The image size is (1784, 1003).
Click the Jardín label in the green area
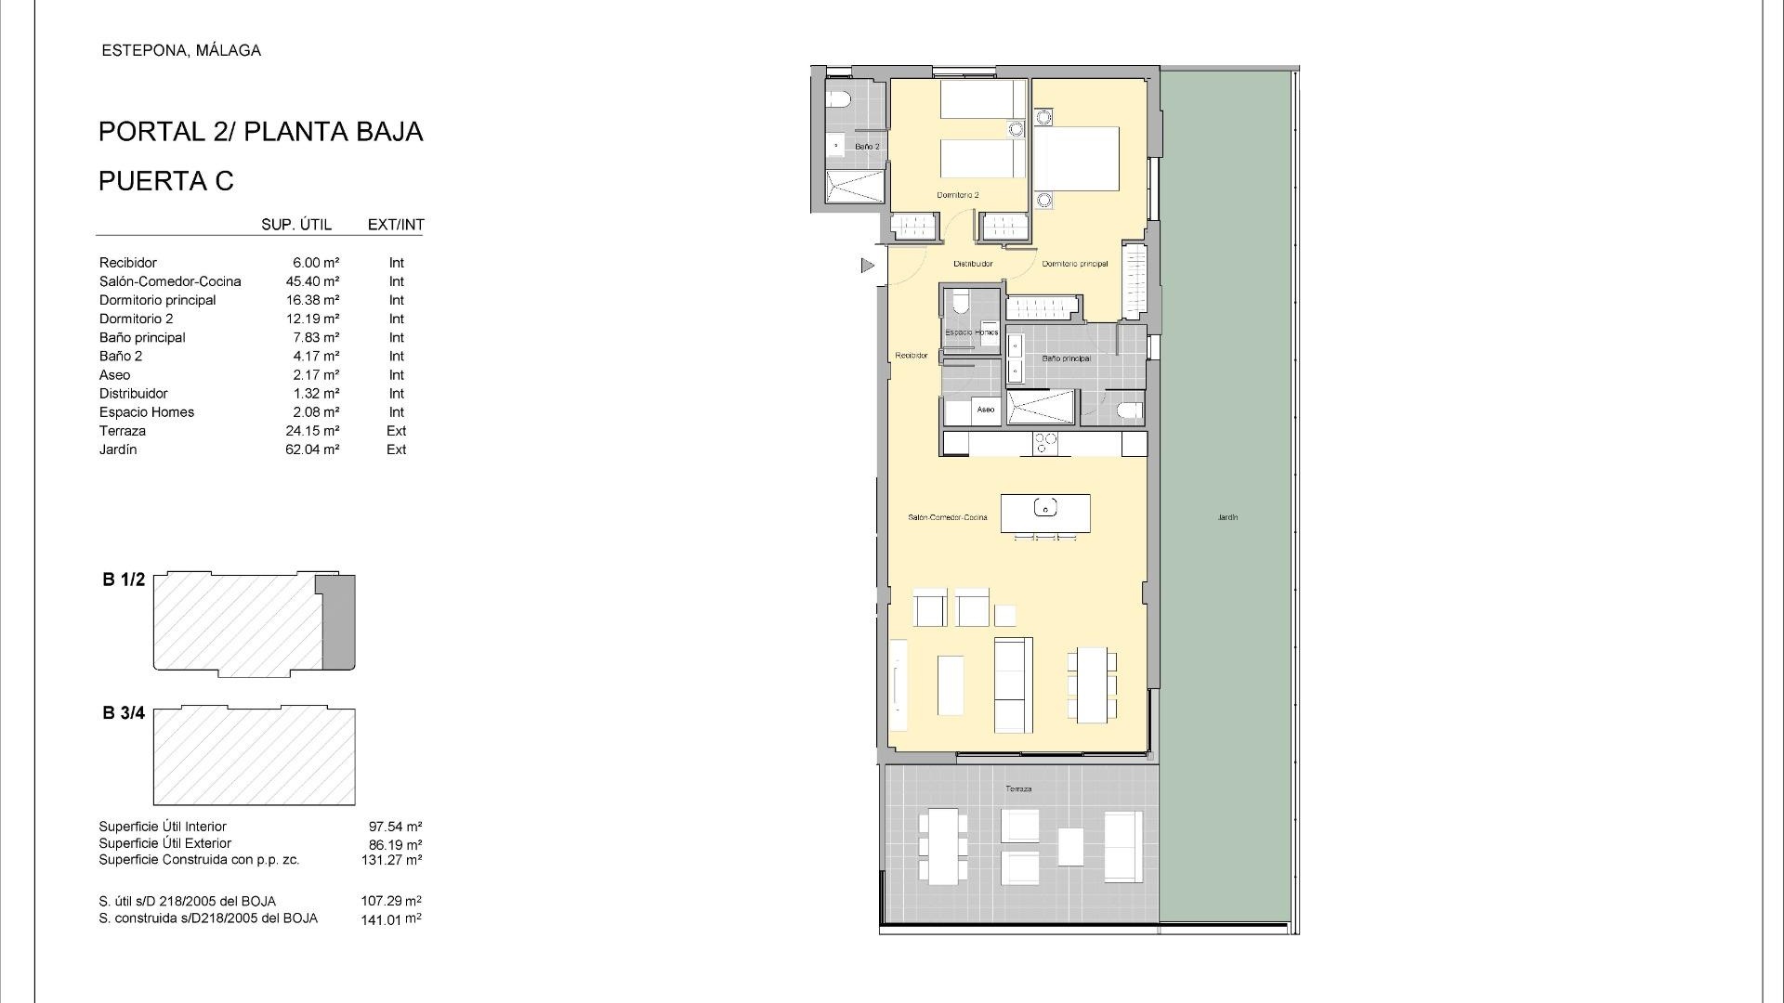tap(1227, 517)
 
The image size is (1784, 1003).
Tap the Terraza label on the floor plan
tap(1017, 788)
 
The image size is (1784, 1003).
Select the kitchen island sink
tap(1045, 508)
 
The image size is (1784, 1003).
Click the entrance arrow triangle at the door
tap(867, 266)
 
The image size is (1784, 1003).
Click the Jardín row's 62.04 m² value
tap(312, 449)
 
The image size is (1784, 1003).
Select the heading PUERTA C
tap(166, 181)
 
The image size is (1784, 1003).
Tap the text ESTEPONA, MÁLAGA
tap(181, 51)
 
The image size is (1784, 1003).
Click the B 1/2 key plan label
tap(124, 580)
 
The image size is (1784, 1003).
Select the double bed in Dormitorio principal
tap(1077, 159)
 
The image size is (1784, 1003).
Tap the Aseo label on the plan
tap(985, 410)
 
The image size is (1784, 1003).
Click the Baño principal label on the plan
tap(1066, 358)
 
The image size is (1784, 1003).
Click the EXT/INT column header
tap(396, 225)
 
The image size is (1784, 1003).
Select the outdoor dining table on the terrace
tap(943, 846)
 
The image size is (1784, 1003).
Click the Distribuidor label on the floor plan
tap(973, 264)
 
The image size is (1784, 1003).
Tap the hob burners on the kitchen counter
tap(1044, 444)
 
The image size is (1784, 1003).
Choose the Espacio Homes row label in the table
tap(147, 412)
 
